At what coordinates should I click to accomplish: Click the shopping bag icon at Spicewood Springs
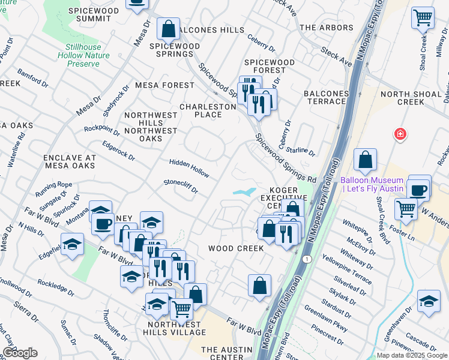169,28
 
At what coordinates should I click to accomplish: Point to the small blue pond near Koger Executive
244,192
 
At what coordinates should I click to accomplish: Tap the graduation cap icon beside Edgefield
72,244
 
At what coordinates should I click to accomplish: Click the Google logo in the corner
19,352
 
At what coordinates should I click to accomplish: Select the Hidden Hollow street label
189,169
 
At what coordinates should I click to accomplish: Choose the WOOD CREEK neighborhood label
235,248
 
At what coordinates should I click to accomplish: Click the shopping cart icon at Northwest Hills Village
181,309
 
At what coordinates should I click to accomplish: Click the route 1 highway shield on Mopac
307,259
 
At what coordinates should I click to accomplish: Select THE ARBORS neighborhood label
327,28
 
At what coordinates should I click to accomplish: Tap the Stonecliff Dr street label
181,186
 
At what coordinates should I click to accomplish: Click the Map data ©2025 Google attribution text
412,355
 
